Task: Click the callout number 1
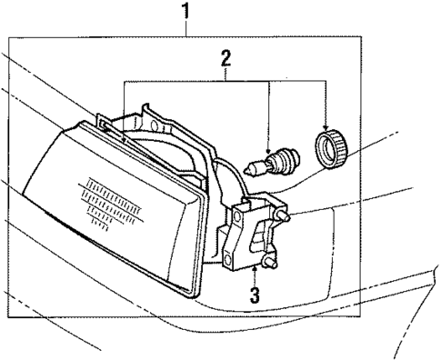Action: (x=187, y=12)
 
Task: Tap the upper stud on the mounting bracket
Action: (x=285, y=219)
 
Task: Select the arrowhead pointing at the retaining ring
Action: (x=325, y=123)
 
